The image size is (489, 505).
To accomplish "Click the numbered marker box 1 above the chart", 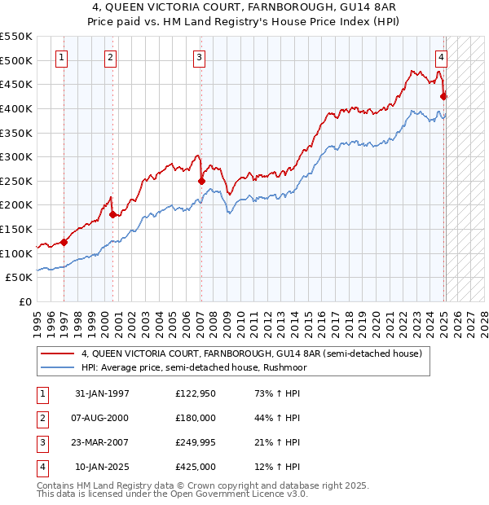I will pos(63,57).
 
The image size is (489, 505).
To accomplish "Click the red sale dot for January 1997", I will pos(64,242).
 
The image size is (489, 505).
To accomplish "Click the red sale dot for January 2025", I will pos(444,96).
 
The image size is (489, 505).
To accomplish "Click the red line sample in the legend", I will pos(56,354).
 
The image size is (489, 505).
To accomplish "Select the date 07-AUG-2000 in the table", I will pos(101,418).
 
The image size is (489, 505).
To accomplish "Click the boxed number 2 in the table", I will pos(42,418).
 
